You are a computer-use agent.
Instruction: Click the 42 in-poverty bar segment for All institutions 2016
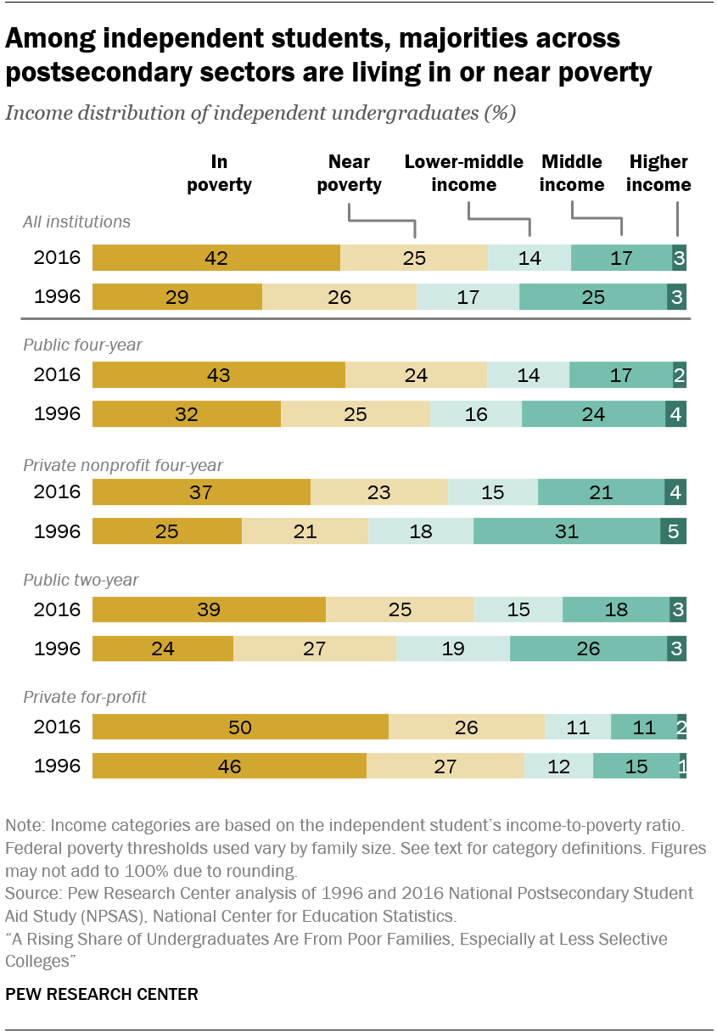216,258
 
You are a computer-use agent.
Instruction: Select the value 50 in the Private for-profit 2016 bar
240,727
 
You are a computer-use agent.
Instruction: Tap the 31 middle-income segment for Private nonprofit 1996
566,532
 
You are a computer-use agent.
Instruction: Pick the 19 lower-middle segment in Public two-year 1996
453,649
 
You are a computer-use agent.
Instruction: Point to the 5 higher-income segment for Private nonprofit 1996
674,532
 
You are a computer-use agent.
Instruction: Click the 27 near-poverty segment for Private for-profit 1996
445,766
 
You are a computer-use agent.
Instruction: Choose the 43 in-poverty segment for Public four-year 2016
219,375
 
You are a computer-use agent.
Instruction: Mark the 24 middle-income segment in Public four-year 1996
593,414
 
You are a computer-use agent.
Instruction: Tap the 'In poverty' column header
219,173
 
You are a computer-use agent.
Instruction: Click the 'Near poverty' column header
349,173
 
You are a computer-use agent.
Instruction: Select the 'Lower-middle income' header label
463,173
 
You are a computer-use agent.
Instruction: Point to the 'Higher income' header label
658,173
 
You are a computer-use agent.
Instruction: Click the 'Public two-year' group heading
81,581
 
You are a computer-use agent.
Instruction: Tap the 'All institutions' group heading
76,222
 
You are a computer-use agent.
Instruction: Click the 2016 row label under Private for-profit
57,727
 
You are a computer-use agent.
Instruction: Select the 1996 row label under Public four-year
57,414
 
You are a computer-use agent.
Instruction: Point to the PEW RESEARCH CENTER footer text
102,994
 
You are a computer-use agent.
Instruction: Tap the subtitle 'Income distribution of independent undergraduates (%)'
260,114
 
